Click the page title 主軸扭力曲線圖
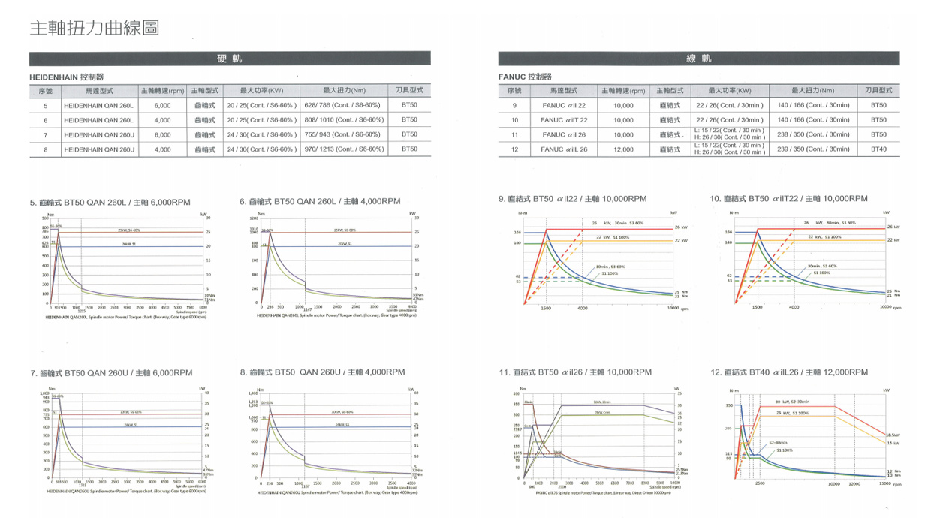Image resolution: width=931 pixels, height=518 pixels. coord(94,29)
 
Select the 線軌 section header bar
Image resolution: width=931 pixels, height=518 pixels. coord(698,59)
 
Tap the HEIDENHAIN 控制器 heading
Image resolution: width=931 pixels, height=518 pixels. coord(66,77)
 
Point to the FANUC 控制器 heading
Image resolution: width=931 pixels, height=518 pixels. coord(525,77)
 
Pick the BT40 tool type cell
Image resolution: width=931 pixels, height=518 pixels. coord(878,149)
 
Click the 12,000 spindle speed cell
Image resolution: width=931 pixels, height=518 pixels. coord(623,149)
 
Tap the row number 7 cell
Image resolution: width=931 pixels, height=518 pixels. coord(45,135)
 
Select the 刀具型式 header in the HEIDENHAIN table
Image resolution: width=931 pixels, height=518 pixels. coord(409,91)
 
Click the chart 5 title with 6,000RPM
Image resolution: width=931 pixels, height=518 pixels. coord(111,202)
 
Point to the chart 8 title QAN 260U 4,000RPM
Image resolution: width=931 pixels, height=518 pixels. coord(322,372)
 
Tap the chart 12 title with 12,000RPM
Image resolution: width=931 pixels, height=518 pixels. coord(788,372)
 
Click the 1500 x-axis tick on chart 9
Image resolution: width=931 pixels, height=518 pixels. coord(545,308)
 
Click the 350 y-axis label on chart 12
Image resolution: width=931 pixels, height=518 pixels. coord(728,406)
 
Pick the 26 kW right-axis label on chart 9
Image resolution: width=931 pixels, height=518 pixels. coord(680,227)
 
